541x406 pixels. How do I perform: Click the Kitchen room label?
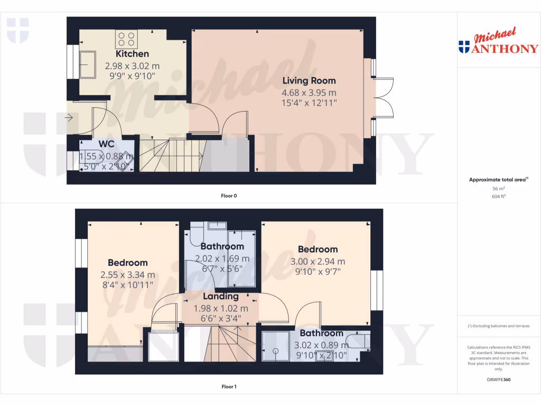(x=132, y=54)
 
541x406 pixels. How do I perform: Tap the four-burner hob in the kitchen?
(x=126, y=39)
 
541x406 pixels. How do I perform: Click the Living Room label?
(x=309, y=81)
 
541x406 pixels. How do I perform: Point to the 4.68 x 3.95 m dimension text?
(x=309, y=92)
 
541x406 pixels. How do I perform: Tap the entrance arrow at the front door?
(x=70, y=117)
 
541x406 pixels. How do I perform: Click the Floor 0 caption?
(x=229, y=196)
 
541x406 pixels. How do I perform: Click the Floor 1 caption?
(x=229, y=387)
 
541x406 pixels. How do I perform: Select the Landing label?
(x=221, y=297)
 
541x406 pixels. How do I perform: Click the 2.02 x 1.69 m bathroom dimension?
(x=222, y=259)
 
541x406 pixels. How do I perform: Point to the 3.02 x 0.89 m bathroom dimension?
(x=321, y=345)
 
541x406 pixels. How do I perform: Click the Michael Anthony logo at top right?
(x=498, y=42)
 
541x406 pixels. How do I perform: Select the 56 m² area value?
(x=498, y=188)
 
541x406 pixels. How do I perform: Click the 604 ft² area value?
(x=498, y=196)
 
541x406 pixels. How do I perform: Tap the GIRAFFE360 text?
(x=498, y=380)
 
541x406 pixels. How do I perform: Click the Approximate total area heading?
(x=498, y=180)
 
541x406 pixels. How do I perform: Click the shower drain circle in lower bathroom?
(x=275, y=350)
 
